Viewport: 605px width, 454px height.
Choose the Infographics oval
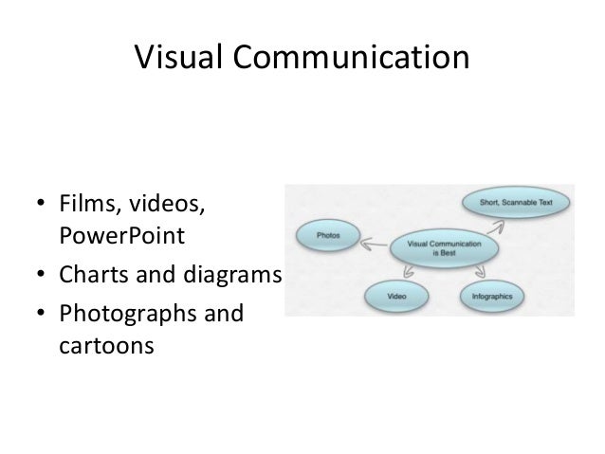point(492,297)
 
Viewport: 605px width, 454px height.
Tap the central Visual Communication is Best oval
point(444,248)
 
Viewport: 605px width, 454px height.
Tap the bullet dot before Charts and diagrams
point(40,277)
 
